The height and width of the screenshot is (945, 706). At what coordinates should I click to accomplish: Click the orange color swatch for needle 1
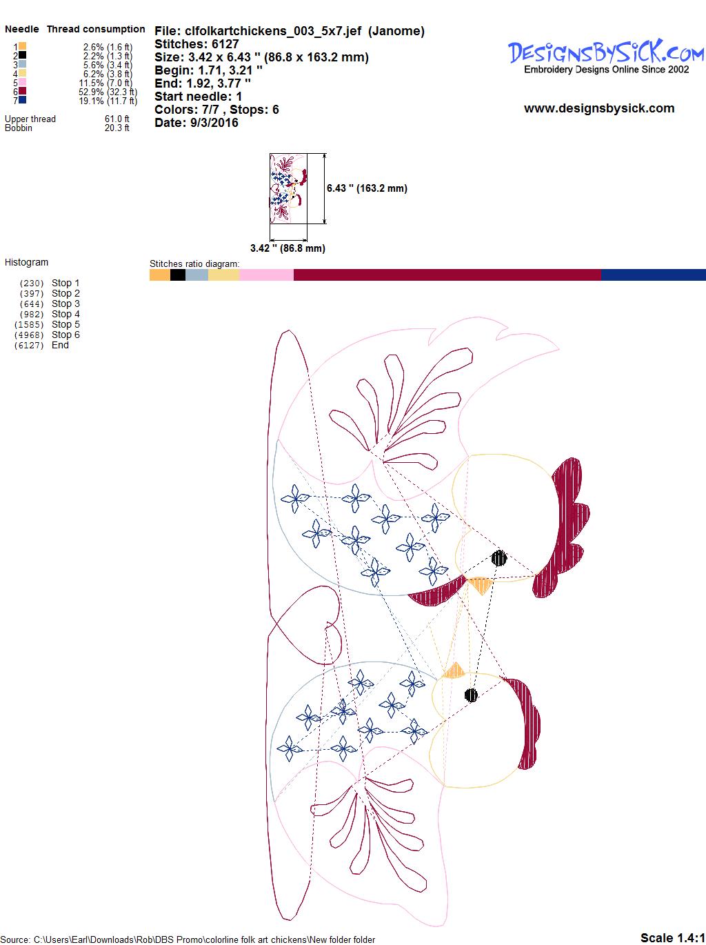(x=22, y=46)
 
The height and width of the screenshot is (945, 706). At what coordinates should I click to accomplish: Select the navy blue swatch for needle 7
(x=22, y=100)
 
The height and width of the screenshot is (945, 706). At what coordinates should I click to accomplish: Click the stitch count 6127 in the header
(x=225, y=44)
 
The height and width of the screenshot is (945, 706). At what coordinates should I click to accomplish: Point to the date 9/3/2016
(x=214, y=123)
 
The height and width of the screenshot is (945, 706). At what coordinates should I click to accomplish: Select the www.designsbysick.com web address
(x=599, y=108)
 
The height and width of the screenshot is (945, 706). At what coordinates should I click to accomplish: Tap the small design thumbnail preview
(x=288, y=188)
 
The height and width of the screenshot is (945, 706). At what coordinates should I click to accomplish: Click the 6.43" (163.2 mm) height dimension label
(x=367, y=188)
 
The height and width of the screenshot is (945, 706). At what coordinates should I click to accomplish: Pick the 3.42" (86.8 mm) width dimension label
(x=288, y=248)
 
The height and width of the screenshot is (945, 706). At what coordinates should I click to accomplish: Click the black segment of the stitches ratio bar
(x=178, y=275)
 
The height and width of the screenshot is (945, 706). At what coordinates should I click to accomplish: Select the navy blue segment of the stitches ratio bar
(x=653, y=275)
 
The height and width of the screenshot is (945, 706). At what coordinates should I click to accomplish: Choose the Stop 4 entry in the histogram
(x=65, y=314)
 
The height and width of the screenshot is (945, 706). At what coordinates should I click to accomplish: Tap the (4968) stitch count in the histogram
(x=29, y=335)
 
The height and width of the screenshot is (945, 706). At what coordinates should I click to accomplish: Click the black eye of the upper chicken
(x=499, y=558)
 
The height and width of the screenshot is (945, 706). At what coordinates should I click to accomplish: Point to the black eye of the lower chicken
(x=471, y=695)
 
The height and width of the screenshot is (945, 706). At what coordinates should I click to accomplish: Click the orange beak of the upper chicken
(x=480, y=585)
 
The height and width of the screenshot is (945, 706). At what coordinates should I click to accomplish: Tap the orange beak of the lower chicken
(x=454, y=671)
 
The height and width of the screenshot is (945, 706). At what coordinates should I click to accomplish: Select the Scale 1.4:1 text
(x=672, y=937)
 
